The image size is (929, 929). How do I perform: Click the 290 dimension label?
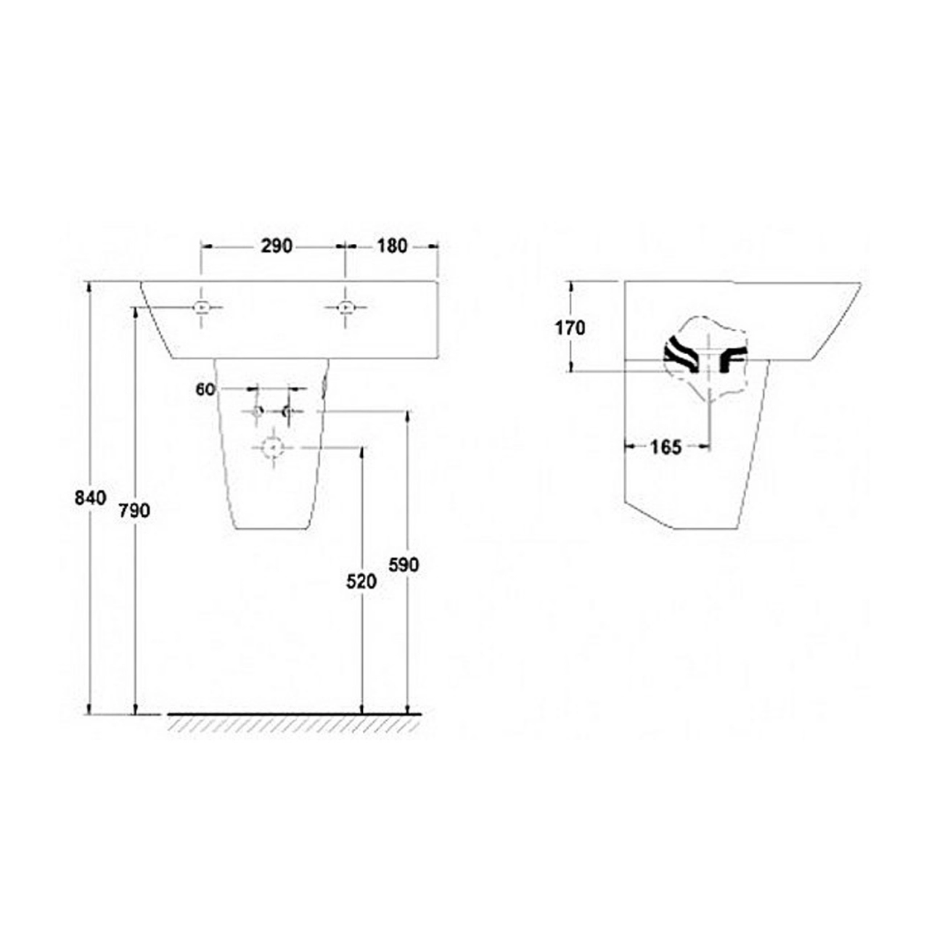(277, 246)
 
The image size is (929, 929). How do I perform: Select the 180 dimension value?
(392, 246)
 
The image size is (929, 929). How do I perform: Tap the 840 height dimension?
(90, 498)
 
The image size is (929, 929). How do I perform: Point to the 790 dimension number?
(134, 510)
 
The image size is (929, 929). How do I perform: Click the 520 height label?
(361, 582)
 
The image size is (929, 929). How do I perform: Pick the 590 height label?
(404, 565)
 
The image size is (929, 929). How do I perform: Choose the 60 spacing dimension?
(205, 389)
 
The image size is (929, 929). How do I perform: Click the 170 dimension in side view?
(570, 328)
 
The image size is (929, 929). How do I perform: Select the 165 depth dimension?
(666, 447)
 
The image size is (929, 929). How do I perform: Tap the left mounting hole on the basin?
(201, 307)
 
